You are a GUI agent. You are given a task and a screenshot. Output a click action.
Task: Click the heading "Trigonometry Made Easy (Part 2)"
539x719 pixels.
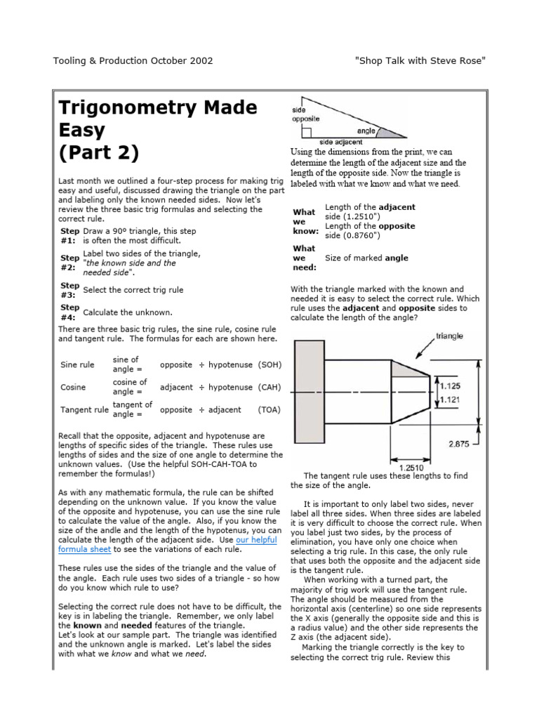pyautogui.click(x=157, y=130)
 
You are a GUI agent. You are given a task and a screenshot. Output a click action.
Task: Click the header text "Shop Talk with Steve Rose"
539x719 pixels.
pyautogui.click(x=420, y=60)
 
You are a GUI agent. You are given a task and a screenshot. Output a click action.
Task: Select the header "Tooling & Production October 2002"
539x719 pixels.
pyautogui.click(x=133, y=60)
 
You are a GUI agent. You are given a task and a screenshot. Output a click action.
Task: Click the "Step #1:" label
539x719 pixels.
pyautogui.click(x=69, y=235)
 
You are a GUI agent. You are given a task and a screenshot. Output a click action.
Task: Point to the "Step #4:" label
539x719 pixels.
pyautogui.click(x=69, y=312)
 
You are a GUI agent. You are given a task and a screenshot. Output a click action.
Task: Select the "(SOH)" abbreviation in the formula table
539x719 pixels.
pyautogui.click(x=269, y=365)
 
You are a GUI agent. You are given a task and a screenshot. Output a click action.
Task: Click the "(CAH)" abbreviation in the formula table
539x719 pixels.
pyautogui.click(x=269, y=387)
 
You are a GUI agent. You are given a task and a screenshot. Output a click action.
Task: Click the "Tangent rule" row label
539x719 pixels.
pyautogui.click(x=84, y=409)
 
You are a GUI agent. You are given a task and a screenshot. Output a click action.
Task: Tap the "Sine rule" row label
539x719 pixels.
pyautogui.click(x=77, y=365)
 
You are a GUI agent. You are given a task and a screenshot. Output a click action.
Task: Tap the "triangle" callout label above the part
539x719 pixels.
pyautogui.click(x=449, y=336)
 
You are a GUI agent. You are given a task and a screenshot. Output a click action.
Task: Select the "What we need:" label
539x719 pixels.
pyautogui.click(x=305, y=258)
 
